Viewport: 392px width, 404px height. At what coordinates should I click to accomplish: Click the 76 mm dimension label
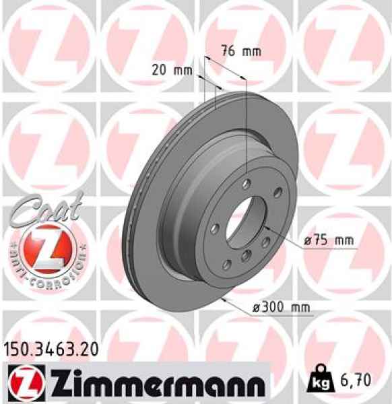(x=240, y=51)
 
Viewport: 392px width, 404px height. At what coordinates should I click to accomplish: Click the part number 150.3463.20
(x=51, y=349)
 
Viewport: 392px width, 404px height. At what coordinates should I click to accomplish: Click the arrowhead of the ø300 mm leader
(x=223, y=296)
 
